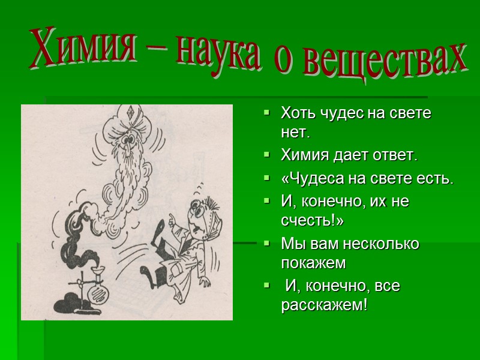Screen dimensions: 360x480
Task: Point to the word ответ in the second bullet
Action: point(395,155)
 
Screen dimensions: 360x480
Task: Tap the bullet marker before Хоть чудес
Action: point(267,113)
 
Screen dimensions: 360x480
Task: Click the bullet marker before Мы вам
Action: point(267,244)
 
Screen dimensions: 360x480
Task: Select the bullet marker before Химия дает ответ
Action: point(267,155)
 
